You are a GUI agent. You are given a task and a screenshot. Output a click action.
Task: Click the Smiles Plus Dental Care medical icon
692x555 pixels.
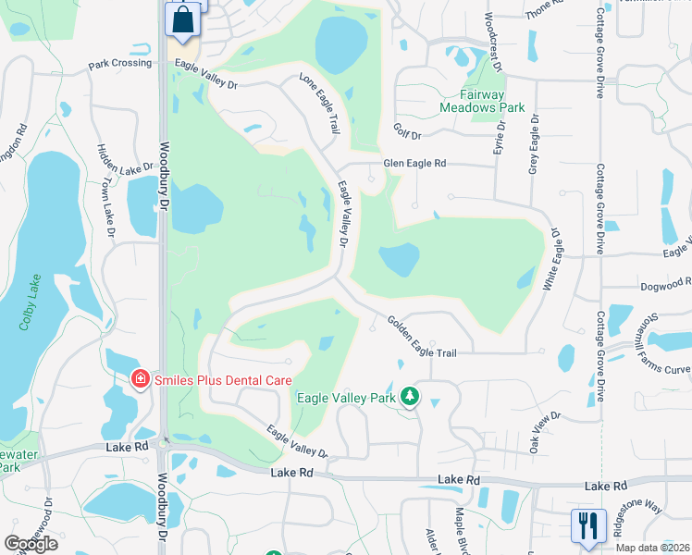click(140, 378)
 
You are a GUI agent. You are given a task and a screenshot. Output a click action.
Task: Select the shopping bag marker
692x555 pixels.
click(183, 19)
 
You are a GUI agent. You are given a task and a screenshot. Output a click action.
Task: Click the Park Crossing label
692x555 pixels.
click(119, 64)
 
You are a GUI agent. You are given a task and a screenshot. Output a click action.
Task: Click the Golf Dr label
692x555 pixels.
click(406, 134)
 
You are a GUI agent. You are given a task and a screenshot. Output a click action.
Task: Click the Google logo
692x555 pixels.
click(30, 544)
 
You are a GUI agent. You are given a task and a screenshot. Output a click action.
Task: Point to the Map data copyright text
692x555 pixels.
click(651, 548)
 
